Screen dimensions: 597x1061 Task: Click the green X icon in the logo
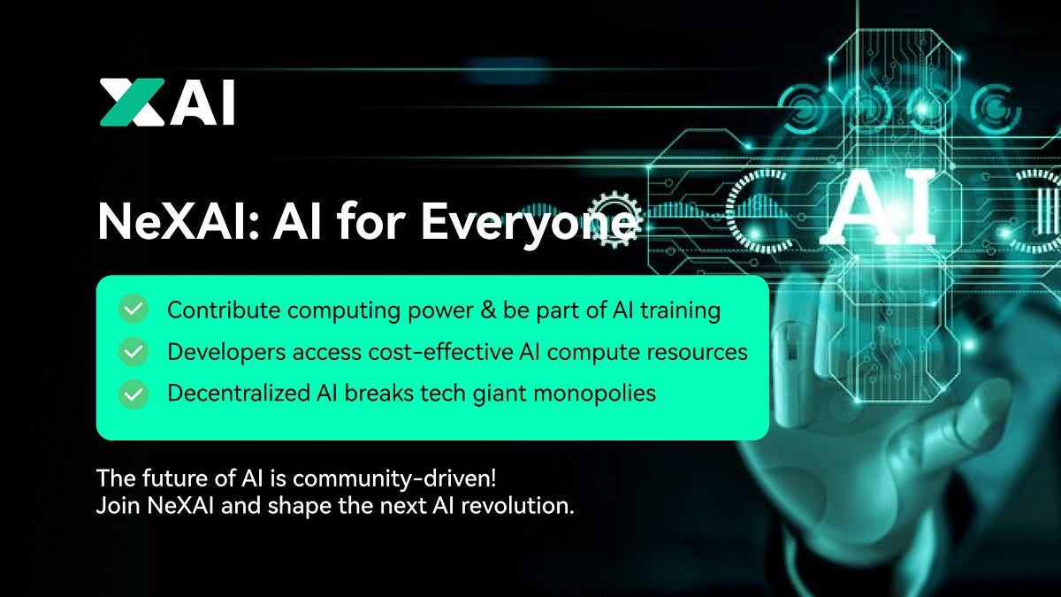click(132, 102)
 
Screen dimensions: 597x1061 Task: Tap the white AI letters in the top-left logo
click(203, 103)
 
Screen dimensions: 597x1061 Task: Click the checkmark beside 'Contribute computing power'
click(134, 310)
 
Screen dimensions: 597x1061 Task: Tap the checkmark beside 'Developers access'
click(134, 352)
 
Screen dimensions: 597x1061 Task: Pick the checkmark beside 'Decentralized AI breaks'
click(134, 394)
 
